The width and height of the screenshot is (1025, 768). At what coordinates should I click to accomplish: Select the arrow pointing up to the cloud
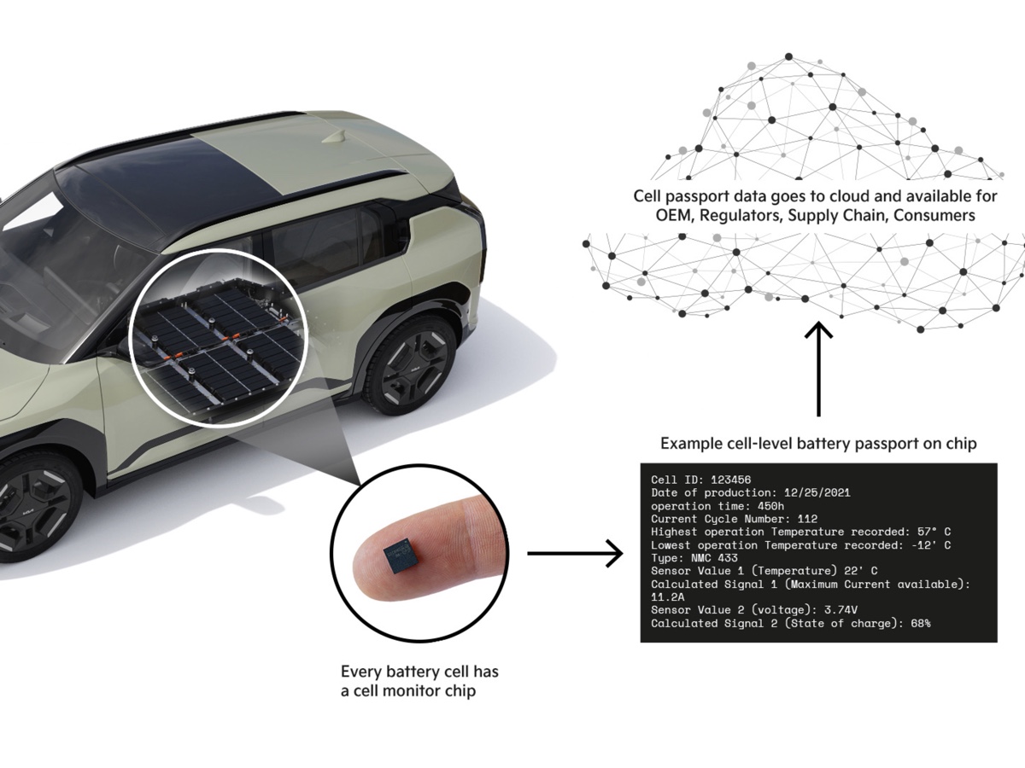819,367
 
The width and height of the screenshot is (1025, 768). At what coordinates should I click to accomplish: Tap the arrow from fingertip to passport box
575,554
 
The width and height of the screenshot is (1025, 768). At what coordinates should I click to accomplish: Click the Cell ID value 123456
731,480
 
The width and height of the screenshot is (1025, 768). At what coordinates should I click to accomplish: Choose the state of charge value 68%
920,624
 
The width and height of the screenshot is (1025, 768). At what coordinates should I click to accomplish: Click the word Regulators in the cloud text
741,216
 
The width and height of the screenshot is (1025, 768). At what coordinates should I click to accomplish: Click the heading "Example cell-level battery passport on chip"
818,444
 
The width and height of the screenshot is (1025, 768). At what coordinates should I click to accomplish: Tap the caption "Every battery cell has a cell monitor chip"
419,681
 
